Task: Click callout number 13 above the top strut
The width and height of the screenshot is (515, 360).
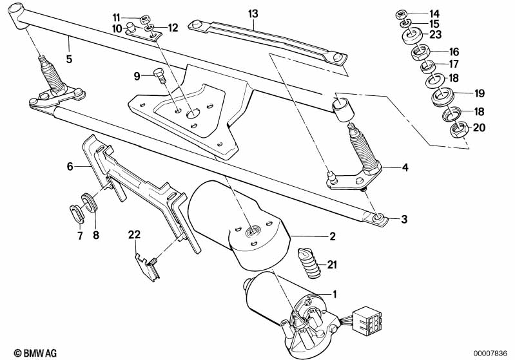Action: click(x=251, y=13)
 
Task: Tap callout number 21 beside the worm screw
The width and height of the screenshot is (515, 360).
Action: click(x=331, y=265)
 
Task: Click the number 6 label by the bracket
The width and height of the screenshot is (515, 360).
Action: click(x=70, y=167)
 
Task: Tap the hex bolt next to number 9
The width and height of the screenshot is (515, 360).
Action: click(x=159, y=75)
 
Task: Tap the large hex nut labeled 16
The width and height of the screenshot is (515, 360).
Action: click(x=420, y=50)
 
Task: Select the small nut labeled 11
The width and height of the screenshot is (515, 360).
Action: click(x=145, y=17)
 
